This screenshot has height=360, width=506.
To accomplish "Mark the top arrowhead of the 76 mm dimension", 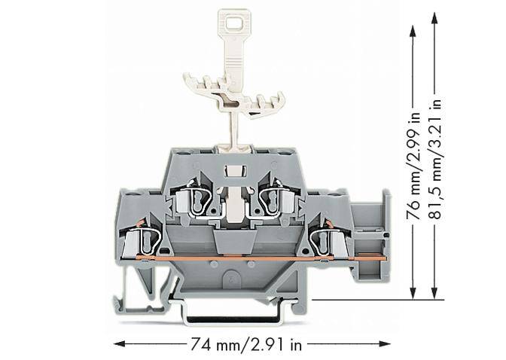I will point(413,29).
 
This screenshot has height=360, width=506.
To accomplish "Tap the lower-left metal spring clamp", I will point(148,239).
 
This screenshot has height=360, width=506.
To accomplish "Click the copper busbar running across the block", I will point(248,259).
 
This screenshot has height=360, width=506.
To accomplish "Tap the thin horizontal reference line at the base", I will point(376,300).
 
